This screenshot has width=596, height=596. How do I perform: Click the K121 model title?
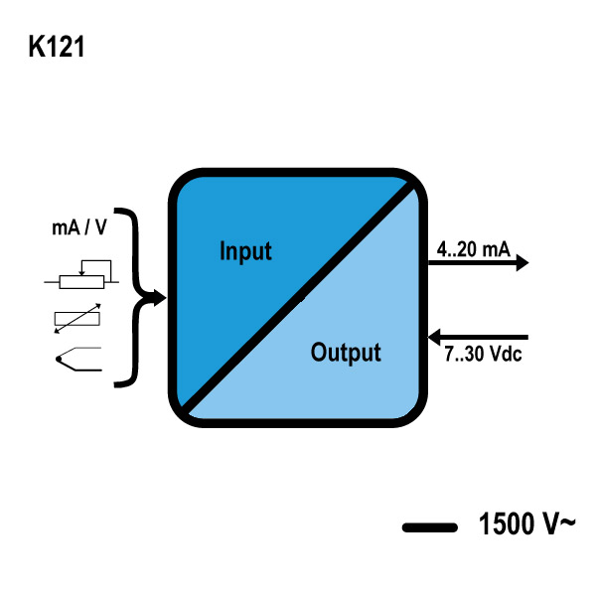[x=57, y=47]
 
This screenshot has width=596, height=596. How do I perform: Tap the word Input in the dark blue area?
[x=245, y=250]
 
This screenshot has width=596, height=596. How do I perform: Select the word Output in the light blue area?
[x=345, y=353]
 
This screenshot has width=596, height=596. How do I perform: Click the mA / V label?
[x=78, y=227]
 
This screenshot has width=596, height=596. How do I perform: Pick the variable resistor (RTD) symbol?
[x=76, y=320]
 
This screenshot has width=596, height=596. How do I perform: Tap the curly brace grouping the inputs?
[x=130, y=295]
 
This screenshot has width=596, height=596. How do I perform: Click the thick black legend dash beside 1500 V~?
[x=428, y=527]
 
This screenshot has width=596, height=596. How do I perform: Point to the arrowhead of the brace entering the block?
[x=160, y=296]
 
